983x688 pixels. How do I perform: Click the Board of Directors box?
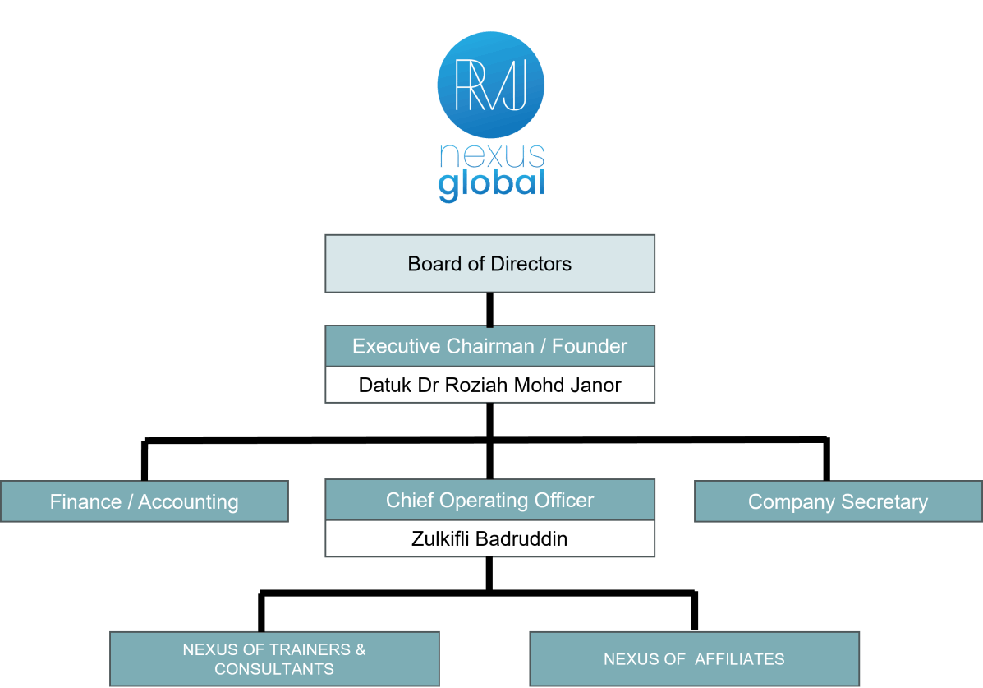490,264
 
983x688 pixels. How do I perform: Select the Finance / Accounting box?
145,501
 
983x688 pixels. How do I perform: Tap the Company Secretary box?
838,501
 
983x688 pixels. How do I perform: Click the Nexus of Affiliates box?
694,659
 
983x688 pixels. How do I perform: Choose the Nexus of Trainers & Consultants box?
274,659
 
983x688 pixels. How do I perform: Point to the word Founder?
590,346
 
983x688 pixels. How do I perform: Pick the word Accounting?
188,501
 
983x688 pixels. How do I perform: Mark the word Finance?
85,501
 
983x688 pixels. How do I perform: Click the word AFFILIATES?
740,659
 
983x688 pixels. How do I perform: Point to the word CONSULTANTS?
274,669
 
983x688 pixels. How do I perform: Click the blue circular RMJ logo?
491,85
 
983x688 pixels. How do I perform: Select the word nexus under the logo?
491,155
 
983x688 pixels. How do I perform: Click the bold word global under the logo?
491,184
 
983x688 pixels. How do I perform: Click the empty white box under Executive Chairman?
490,385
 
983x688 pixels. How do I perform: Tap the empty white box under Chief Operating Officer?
490,538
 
